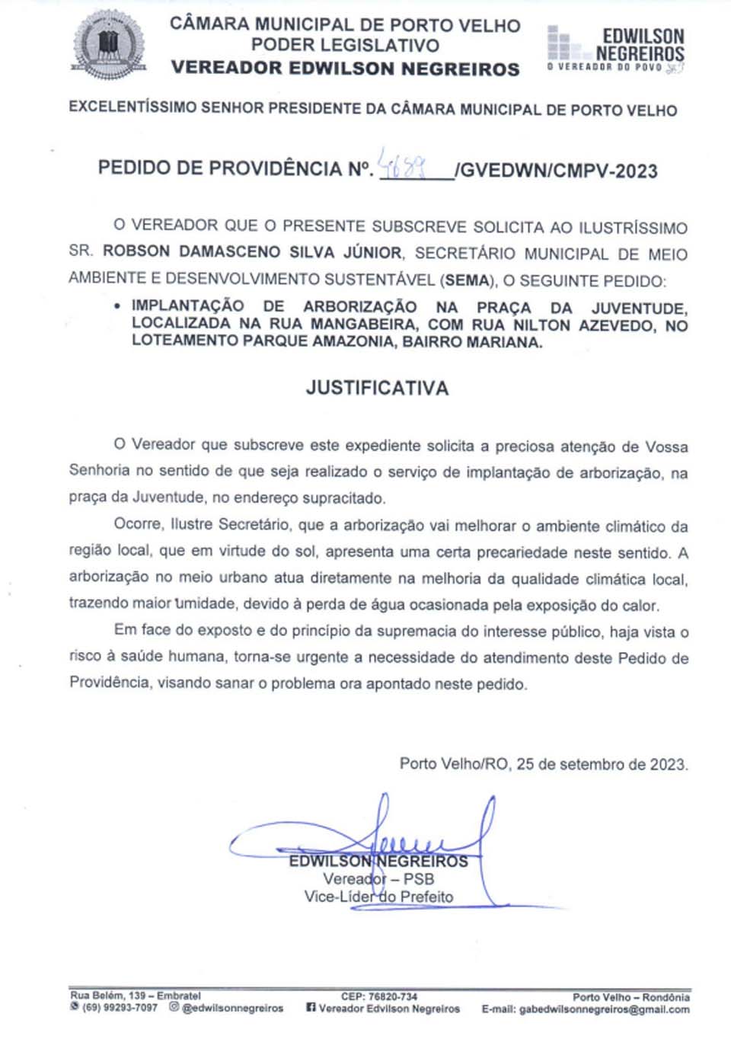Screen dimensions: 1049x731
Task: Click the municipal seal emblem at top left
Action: (x=108, y=44)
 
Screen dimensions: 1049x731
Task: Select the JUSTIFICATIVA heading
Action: (x=377, y=388)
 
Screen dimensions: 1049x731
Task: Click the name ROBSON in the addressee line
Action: (x=137, y=252)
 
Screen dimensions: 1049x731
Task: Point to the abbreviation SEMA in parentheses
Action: (x=467, y=280)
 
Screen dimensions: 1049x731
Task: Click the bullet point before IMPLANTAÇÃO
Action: (x=117, y=306)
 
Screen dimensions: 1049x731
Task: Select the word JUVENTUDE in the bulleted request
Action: (x=639, y=308)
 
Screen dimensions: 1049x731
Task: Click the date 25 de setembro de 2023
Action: (x=602, y=763)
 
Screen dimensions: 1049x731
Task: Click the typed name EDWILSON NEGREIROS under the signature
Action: (x=378, y=862)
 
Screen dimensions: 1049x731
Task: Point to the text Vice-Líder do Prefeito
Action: (x=378, y=897)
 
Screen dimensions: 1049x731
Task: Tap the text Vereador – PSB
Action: (x=378, y=879)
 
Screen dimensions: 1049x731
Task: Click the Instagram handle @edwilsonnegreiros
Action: (x=232, y=1008)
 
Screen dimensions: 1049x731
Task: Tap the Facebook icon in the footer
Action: (x=311, y=1007)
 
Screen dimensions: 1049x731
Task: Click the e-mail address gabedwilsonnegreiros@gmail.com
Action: (x=604, y=1009)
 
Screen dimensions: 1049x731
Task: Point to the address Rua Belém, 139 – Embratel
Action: (x=136, y=995)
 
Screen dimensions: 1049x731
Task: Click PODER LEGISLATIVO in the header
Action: (x=345, y=46)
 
